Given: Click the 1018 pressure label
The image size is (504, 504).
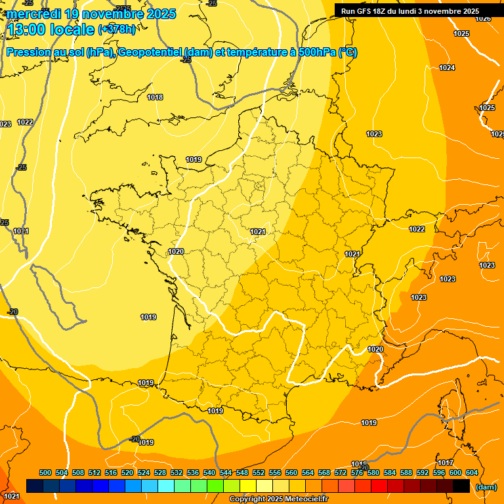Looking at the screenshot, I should [155, 98].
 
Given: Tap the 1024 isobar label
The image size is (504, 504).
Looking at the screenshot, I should [447, 68].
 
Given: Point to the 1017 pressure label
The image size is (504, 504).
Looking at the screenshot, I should [446, 463].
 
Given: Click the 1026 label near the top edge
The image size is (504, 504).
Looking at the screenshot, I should [483, 18].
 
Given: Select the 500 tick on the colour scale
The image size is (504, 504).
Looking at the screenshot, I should [45, 472].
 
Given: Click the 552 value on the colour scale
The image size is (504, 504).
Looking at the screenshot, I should [259, 472].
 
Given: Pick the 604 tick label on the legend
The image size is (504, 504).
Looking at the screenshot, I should [472, 472].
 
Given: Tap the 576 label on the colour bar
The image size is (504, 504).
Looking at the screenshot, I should [357, 472].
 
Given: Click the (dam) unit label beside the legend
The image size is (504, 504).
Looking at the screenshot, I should [486, 487].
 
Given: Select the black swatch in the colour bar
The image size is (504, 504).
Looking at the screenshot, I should [461, 486].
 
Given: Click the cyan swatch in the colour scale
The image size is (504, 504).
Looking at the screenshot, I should [166, 486].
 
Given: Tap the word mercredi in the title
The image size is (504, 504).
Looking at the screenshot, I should [35, 14].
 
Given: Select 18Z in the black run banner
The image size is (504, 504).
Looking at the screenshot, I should [385, 11].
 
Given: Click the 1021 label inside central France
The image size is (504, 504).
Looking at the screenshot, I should [258, 232].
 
